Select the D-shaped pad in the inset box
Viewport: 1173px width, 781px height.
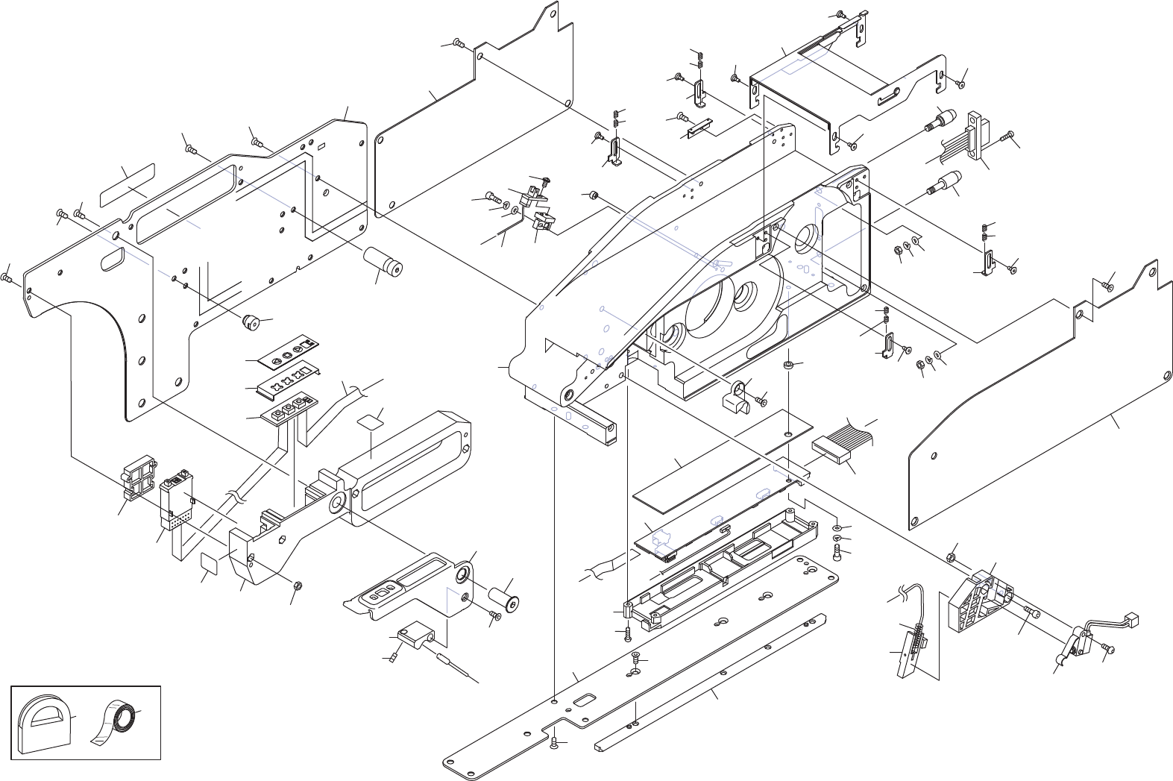tap(43, 721)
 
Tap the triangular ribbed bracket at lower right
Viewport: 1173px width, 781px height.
tap(979, 601)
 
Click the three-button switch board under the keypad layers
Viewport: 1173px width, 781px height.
tap(288, 409)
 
